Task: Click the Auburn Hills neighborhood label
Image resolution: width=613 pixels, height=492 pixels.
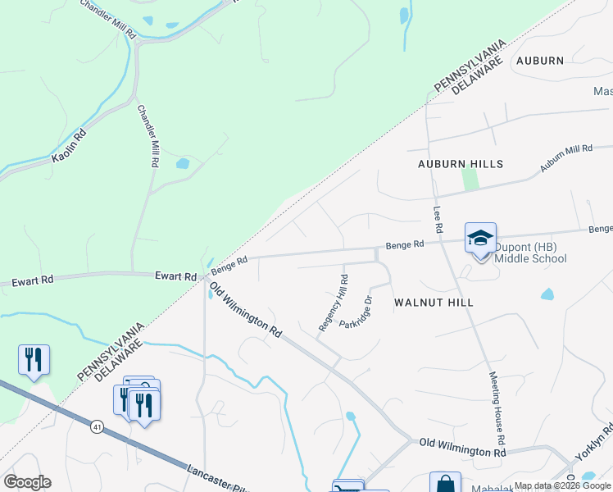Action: (460, 164)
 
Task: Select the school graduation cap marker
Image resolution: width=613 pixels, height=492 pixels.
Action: (480, 239)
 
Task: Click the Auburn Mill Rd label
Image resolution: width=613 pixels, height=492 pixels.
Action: (565, 158)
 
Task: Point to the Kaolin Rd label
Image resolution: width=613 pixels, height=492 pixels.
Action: (68, 145)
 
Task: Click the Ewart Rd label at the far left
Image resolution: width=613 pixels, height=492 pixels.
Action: (33, 280)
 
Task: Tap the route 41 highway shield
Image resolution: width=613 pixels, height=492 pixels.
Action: (97, 427)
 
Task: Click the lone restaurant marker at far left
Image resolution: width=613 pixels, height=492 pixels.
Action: (34, 360)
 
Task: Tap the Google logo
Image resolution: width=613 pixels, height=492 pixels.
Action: (27, 482)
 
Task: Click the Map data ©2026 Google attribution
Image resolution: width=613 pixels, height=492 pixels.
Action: (562, 485)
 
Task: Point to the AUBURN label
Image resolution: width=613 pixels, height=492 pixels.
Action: (540, 61)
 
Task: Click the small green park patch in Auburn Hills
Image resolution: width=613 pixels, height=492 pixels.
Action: (470, 178)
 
